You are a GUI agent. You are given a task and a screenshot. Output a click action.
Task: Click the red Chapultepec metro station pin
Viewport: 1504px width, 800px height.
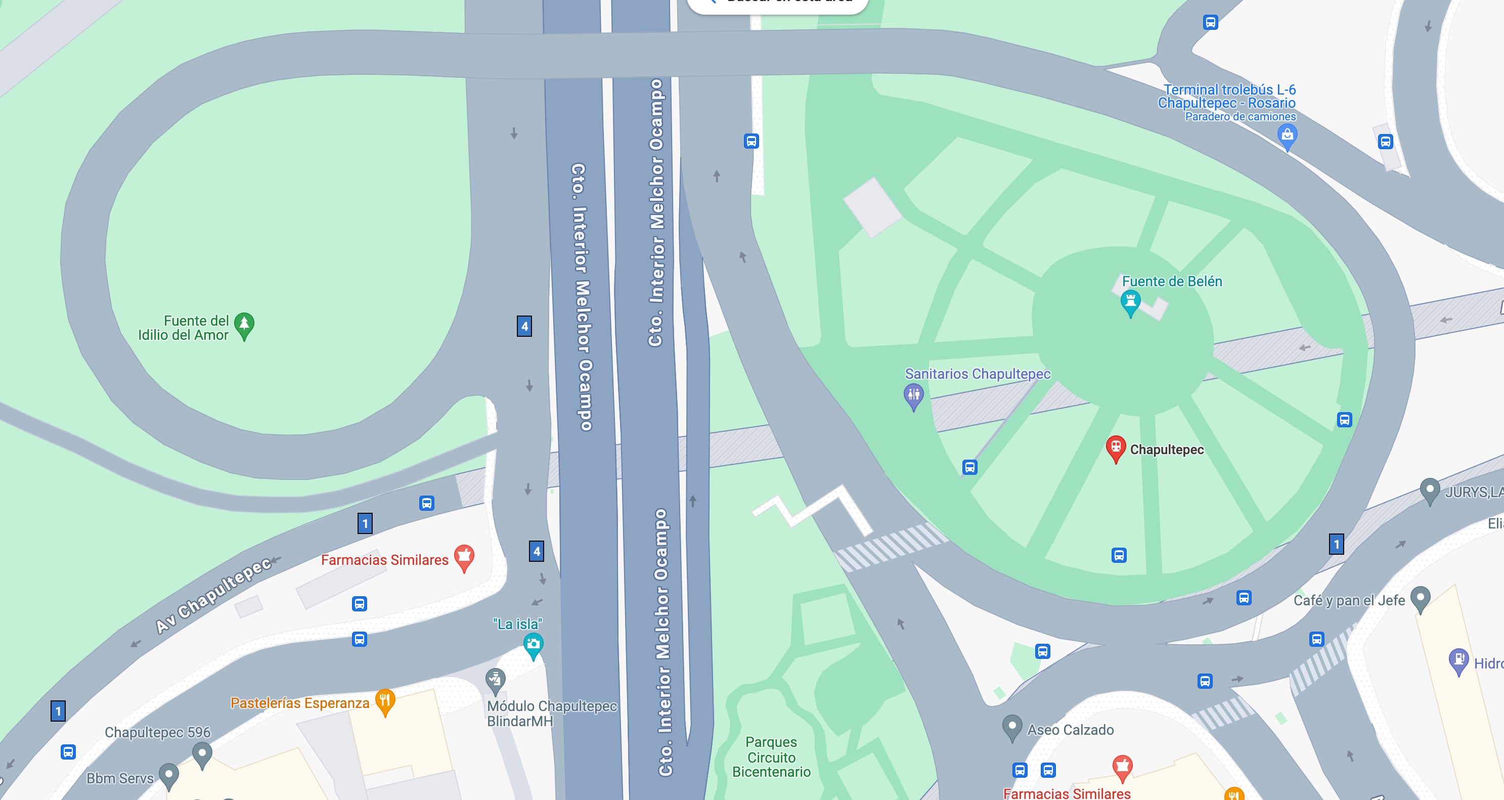(1115, 449)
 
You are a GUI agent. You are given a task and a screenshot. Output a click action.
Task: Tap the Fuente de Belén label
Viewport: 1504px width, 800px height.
(1171, 282)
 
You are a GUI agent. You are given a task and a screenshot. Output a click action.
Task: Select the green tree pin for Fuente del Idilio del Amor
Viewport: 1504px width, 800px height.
(244, 325)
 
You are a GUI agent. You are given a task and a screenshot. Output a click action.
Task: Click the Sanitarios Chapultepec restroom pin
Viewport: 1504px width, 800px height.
(913, 396)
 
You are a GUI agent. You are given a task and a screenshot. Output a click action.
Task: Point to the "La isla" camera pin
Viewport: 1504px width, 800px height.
(533, 645)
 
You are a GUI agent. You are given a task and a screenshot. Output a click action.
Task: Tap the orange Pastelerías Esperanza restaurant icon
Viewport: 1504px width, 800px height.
(385, 701)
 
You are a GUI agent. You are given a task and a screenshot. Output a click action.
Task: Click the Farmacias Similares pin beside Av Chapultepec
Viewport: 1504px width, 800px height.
(464, 557)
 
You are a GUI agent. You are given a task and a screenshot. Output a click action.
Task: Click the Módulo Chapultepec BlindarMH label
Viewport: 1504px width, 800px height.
(551, 713)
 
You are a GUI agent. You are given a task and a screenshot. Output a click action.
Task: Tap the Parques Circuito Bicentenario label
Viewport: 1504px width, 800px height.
(771, 757)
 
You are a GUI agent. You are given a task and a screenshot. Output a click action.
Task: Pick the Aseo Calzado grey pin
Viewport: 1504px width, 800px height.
(1012, 727)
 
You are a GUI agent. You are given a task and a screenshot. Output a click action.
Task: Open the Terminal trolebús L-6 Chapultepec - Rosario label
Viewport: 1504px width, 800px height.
(1227, 97)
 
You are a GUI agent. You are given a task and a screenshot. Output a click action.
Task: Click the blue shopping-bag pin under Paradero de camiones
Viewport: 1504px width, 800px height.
(1287, 137)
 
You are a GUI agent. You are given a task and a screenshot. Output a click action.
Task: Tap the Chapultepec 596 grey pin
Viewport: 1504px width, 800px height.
(202, 753)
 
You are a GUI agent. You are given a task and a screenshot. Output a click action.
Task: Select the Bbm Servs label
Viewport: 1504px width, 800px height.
(120, 778)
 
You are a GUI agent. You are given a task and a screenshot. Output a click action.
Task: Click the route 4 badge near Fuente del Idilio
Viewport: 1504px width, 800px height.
(524, 326)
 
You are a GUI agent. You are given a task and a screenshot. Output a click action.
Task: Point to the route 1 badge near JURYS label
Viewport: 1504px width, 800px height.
(1336, 544)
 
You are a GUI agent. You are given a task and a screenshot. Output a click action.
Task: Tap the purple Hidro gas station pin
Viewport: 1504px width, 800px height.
(1458, 660)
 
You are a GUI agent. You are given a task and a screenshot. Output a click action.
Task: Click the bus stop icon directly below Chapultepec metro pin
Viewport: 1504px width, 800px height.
(1119, 555)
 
